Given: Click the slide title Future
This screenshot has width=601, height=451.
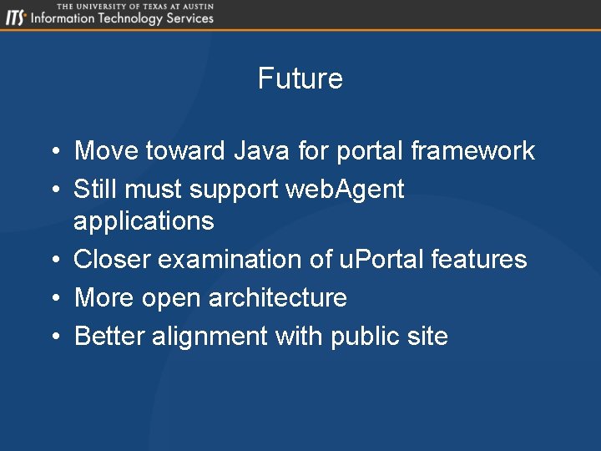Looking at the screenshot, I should click(x=300, y=79).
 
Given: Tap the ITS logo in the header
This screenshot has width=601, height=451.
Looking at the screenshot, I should click(x=15, y=18).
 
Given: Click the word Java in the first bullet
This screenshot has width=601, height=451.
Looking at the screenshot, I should click(x=261, y=151).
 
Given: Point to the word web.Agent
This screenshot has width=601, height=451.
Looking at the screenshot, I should click(x=345, y=190).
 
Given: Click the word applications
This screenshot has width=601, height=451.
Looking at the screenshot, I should click(x=144, y=221).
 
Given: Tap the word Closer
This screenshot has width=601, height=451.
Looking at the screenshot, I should click(x=112, y=260).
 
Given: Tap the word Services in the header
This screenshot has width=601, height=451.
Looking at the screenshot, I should click(x=189, y=18).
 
